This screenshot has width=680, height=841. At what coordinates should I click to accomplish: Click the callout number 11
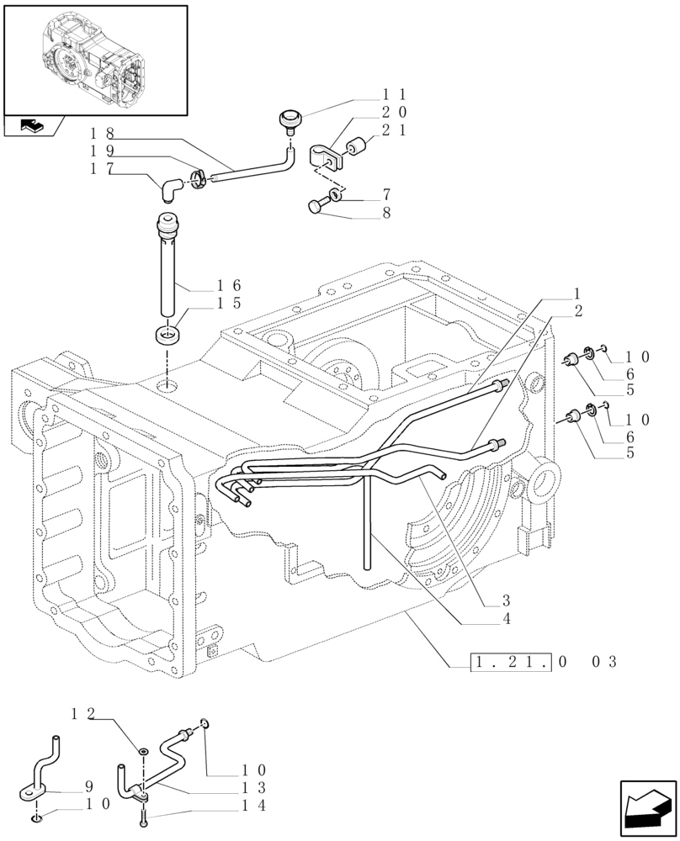pos(395,94)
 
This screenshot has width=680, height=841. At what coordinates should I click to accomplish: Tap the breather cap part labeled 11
pos(291,120)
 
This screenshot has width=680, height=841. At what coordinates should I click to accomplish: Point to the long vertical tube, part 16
pos(167,269)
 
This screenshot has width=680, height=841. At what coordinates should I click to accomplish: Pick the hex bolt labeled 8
pos(319,206)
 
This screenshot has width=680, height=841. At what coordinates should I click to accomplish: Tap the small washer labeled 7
pos(335,196)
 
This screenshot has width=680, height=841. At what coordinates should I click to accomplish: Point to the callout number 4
pos(506,619)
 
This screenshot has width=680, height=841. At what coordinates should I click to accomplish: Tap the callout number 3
pos(506,600)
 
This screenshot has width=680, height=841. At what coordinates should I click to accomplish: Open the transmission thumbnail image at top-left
pos(94,60)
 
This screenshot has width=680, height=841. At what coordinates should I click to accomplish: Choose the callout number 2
pos(578,310)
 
